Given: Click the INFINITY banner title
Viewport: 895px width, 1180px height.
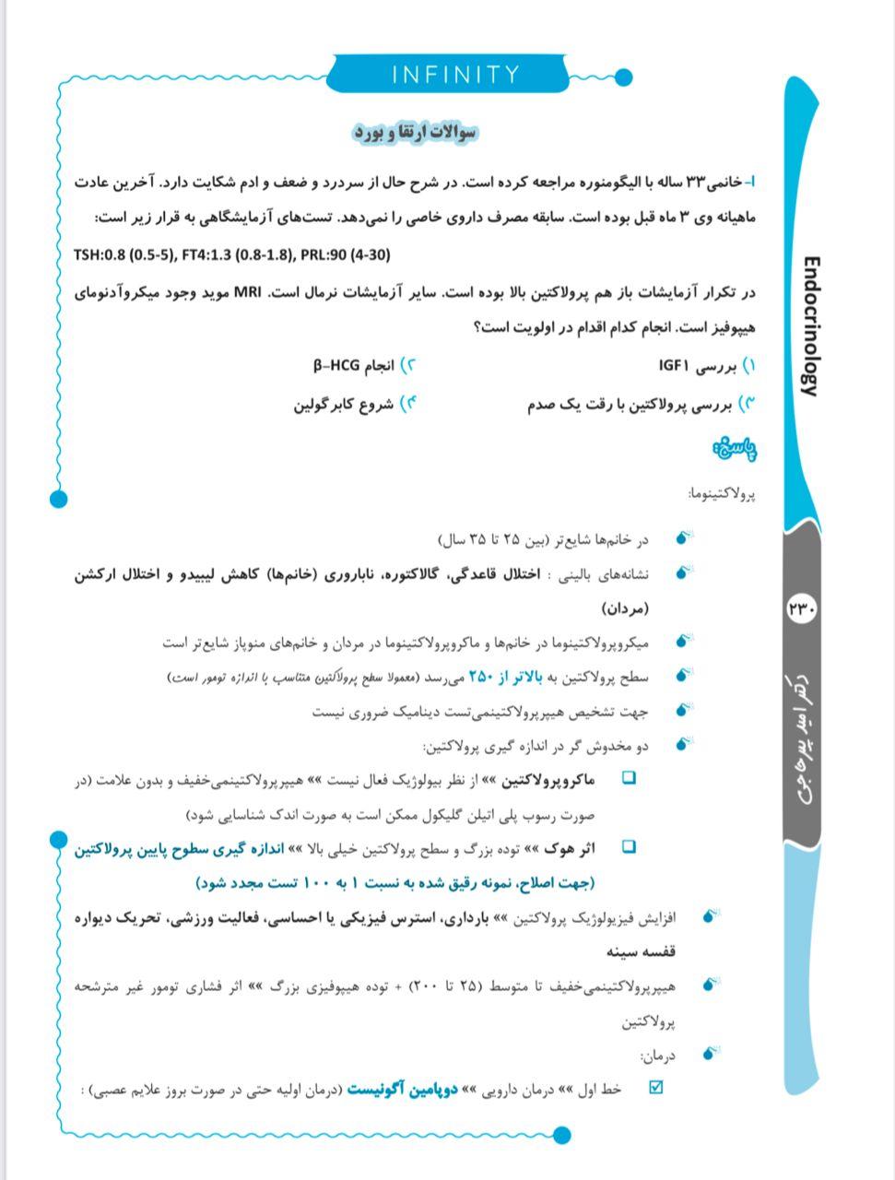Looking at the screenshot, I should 455,75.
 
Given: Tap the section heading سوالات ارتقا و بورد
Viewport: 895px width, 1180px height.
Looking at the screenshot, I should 416,133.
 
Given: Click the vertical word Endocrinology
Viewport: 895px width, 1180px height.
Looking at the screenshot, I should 808,326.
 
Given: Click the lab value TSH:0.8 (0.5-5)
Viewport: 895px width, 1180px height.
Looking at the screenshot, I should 125,255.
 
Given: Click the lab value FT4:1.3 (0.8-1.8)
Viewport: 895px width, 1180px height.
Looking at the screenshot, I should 233,255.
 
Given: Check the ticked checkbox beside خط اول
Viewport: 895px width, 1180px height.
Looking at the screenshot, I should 656,1088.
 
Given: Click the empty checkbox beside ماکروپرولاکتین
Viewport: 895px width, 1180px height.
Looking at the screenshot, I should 629,779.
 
